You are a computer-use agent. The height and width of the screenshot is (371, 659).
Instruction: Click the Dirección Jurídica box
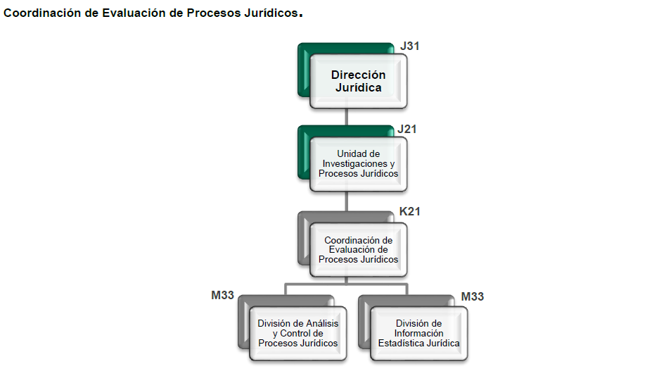click(x=358, y=82)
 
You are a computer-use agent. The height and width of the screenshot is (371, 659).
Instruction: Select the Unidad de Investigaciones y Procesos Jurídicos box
click(x=358, y=164)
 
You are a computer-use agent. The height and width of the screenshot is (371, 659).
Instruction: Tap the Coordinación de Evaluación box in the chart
click(x=358, y=250)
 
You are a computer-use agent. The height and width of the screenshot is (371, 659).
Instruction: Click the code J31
click(x=409, y=46)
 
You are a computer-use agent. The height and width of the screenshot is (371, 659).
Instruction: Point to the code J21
click(x=407, y=129)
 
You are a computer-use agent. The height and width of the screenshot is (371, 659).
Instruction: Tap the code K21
click(x=409, y=211)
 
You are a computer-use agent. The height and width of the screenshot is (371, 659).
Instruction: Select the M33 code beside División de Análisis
click(x=222, y=296)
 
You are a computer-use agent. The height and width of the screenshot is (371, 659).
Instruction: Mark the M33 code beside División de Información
click(x=473, y=297)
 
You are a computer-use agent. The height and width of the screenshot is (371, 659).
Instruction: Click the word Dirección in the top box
click(x=358, y=75)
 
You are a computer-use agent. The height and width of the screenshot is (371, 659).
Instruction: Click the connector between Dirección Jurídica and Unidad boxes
click(x=346, y=118)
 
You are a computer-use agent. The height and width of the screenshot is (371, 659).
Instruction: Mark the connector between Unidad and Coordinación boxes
click(x=346, y=201)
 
